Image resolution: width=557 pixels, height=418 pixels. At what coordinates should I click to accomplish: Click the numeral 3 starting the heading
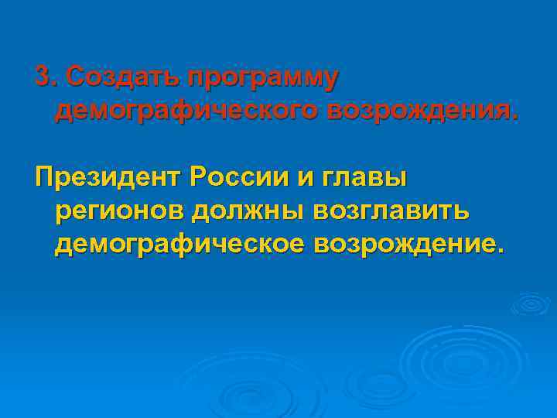43,77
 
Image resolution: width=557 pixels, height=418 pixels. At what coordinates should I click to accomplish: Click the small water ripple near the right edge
530,304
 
